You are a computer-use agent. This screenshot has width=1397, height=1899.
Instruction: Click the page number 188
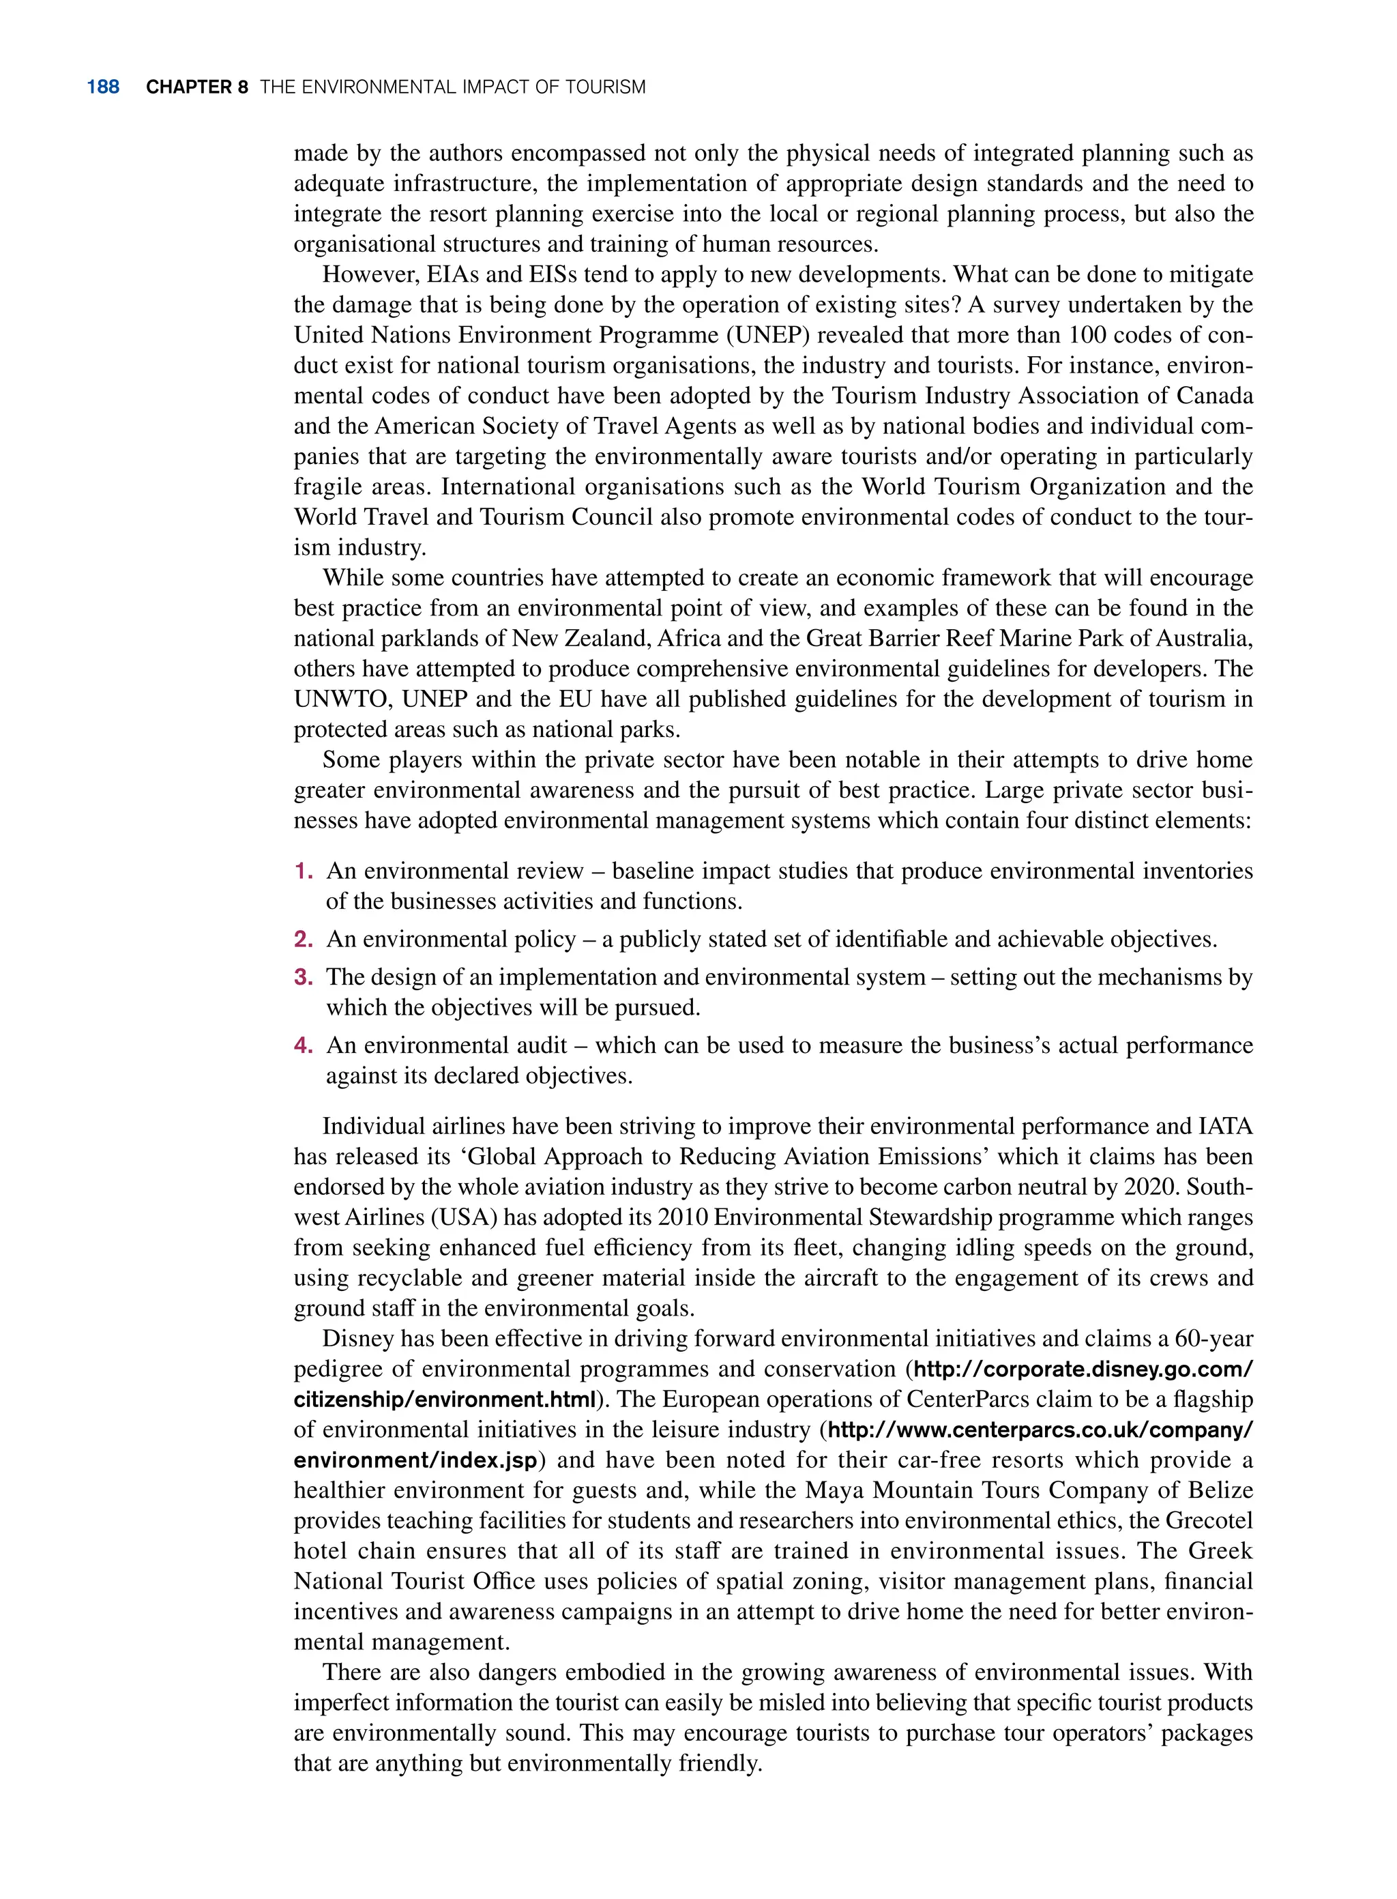tap(103, 87)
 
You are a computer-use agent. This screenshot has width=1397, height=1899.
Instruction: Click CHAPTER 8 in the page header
tap(196, 87)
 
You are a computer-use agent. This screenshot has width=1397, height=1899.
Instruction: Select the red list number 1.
tap(303, 871)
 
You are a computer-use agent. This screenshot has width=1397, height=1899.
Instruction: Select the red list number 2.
tap(303, 939)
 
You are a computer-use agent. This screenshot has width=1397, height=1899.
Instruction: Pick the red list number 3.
tap(303, 977)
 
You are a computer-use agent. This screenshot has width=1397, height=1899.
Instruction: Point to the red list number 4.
tap(303, 1045)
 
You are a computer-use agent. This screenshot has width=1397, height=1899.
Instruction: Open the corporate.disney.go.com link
tap(1083, 1369)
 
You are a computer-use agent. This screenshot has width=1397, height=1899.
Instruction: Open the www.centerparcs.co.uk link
tap(1040, 1430)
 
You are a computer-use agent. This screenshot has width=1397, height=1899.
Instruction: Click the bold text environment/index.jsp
tap(415, 1461)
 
